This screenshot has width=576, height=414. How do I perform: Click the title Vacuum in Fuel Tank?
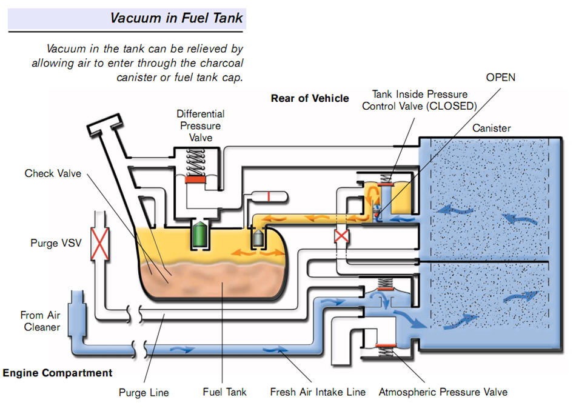tap(176, 18)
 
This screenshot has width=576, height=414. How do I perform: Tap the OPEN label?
tap(500, 78)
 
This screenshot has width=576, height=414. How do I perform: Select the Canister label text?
tap(491, 129)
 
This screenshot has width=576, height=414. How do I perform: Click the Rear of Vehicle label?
tap(310, 98)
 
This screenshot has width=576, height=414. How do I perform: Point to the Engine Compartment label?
tap(58, 373)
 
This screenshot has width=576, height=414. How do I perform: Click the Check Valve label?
tap(53, 174)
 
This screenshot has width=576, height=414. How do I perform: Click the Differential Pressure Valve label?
tap(201, 125)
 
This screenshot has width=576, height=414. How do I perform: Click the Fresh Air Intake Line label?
tap(318, 392)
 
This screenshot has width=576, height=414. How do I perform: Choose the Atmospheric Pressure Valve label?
tap(443, 392)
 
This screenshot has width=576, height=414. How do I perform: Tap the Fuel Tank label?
tap(224, 392)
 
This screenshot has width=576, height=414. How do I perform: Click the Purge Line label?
tap(144, 393)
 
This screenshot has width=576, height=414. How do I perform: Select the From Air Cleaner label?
tap(41, 321)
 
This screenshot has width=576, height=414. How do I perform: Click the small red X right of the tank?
tap(342, 236)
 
